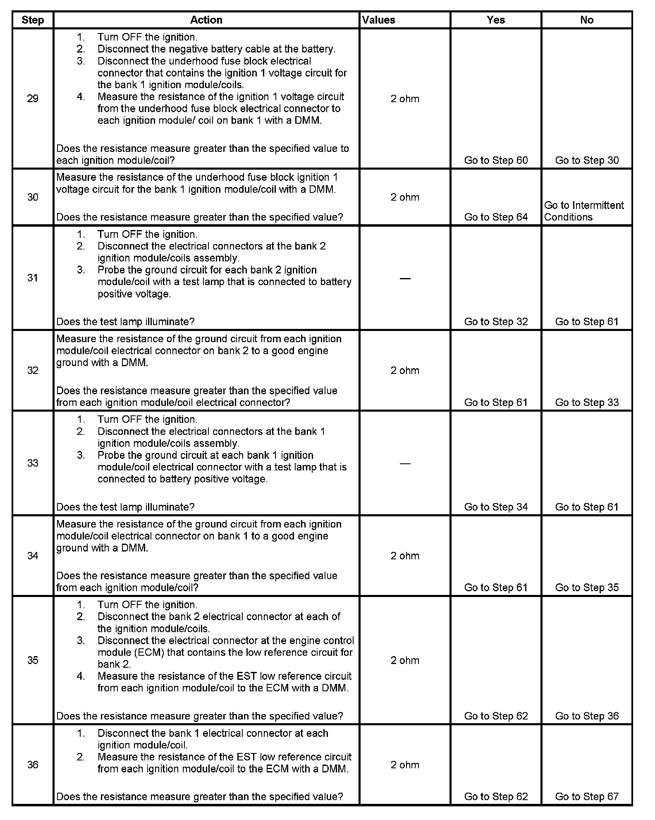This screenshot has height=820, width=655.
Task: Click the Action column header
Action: [x=206, y=20]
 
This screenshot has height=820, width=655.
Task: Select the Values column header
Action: [x=379, y=20]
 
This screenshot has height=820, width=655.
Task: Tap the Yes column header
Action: [x=496, y=20]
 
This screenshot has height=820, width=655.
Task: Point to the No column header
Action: [x=587, y=20]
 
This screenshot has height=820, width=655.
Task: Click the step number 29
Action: [x=33, y=98]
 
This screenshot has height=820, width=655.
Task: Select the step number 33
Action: [x=33, y=463]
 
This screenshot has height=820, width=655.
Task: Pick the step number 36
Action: [x=33, y=765]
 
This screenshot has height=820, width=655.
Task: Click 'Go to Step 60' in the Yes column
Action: [x=496, y=160]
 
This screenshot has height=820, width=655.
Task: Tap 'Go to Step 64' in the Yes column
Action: [x=496, y=217]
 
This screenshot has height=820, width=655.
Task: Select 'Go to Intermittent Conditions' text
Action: [x=583, y=211]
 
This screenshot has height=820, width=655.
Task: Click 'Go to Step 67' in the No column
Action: [x=587, y=796]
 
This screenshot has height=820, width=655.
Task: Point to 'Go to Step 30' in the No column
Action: [x=587, y=160]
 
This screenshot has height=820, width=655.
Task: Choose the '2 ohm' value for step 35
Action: [x=405, y=660]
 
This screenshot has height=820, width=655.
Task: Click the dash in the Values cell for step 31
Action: [x=405, y=278]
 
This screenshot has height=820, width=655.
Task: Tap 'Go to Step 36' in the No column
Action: [x=587, y=716]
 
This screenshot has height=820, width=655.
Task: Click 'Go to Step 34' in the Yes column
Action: [x=496, y=507]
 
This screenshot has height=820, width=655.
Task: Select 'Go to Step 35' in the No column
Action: [x=587, y=587]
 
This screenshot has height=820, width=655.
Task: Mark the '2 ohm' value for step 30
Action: [x=405, y=197]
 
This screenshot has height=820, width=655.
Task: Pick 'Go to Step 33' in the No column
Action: [x=587, y=403]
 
